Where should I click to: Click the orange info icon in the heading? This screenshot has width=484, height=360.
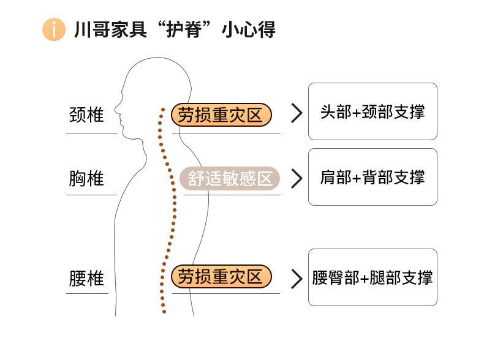53,29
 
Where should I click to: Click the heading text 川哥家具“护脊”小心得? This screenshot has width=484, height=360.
174,29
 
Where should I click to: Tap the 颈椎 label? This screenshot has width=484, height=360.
86,114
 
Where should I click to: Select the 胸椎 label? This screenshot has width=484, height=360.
86,179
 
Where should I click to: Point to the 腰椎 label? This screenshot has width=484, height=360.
86,279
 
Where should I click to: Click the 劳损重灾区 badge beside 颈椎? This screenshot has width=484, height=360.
221,114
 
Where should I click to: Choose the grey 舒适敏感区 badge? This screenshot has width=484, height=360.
230,179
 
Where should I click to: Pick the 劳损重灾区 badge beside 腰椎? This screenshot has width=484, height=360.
221,277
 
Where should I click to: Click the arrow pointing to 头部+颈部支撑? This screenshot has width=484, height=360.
297,113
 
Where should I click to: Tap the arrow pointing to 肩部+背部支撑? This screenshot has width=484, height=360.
297,178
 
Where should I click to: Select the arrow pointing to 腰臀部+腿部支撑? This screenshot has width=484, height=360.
297,278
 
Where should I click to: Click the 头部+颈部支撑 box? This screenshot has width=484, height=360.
372,111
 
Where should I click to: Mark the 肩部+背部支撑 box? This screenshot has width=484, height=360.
372,177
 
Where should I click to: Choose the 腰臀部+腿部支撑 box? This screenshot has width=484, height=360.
372,277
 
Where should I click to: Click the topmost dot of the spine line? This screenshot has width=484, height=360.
162,110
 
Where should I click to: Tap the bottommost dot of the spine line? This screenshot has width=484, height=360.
164,312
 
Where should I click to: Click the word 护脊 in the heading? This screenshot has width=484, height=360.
183,29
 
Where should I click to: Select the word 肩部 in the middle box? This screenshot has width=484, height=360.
335,178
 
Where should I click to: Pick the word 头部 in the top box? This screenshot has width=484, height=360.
335,112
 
